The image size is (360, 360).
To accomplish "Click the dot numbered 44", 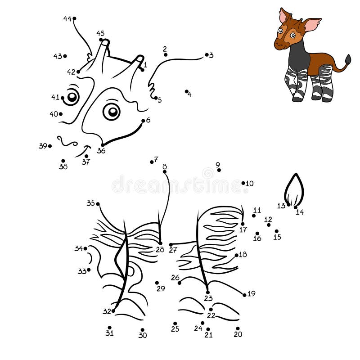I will click(x=74, y=18).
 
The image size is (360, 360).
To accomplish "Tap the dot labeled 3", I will click(x=207, y=55).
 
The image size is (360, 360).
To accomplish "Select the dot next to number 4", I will click(x=186, y=91).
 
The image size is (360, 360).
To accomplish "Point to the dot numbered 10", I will click(x=243, y=183).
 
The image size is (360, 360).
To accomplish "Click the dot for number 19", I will click(x=244, y=295).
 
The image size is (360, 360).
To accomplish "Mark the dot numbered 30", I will click(x=142, y=330).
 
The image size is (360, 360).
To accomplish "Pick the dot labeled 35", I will click(x=98, y=204).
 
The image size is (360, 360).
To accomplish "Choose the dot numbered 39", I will click(x=50, y=146).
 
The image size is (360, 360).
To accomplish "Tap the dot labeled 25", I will click(x=175, y=324).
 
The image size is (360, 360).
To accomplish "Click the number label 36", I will click(x=101, y=151).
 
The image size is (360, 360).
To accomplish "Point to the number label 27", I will click(x=173, y=250).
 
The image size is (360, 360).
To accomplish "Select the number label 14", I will click(x=300, y=212).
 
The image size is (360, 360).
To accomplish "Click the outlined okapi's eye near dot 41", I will click(x=72, y=96).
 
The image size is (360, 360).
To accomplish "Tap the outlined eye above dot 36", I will click(x=111, y=111).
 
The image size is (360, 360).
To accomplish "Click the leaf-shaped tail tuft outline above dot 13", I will click(x=294, y=189).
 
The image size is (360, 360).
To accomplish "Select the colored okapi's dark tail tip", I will click(x=347, y=59).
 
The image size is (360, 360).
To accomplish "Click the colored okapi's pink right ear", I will click(x=311, y=24).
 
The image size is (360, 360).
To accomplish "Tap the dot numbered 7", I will click(x=152, y=162).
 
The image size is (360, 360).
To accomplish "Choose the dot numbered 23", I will click(x=207, y=292).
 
